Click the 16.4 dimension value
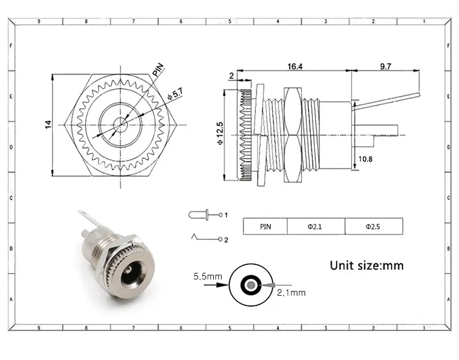coord(295,67)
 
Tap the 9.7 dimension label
coord(386,67)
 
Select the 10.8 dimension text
coord(365,159)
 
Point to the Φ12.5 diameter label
coord(220,133)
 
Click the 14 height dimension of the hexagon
coord(48,124)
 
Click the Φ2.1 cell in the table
coord(315,227)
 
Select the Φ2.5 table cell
coord(372,227)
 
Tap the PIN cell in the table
coord(266,227)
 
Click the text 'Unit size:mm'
coord(366,266)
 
